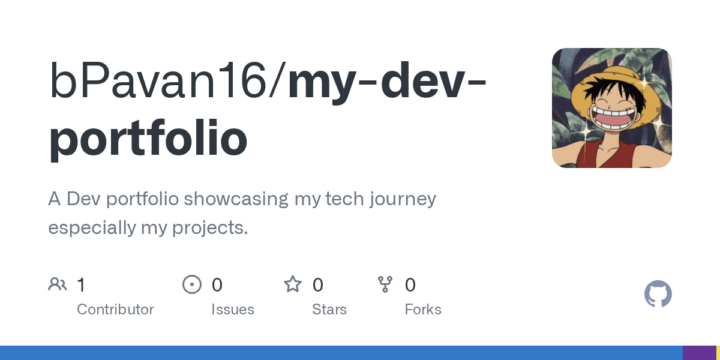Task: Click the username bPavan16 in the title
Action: point(157,80)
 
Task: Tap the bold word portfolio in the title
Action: point(148,138)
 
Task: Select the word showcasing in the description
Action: point(236,199)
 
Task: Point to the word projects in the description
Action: point(210,228)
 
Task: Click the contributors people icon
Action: point(58,284)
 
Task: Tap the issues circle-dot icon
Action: point(192,284)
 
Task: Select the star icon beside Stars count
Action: point(293,284)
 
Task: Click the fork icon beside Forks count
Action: point(385,284)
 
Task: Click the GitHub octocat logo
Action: point(658,293)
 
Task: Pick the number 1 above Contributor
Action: point(81,285)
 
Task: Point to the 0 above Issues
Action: point(217,285)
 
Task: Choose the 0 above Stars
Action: point(318,285)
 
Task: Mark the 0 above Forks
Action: point(410,285)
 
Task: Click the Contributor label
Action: point(115,310)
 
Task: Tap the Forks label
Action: point(423,310)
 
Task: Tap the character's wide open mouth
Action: point(613,118)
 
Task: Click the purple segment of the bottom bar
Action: point(700,353)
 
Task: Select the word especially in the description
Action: point(92,228)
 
